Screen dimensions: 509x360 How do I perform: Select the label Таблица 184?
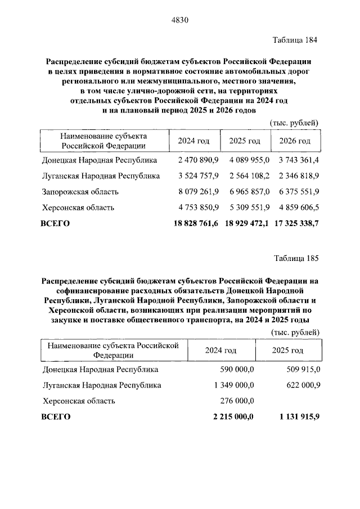295,40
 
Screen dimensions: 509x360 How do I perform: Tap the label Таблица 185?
295,259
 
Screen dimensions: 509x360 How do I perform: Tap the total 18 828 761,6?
193,223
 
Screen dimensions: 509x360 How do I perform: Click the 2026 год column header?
295,141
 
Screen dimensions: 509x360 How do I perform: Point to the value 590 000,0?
236,370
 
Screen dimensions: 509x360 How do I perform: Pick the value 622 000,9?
301,385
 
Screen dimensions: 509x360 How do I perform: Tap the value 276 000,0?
236,401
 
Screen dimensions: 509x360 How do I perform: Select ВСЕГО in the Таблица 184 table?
56,223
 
